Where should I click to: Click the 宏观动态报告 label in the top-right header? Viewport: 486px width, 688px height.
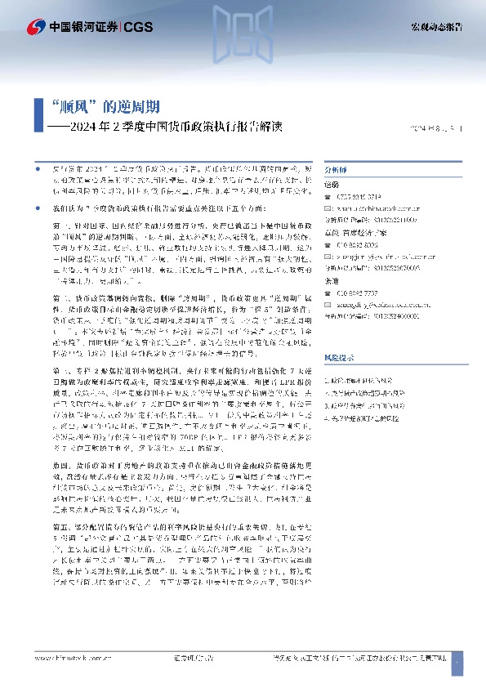pyautogui.click(x=436, y=28)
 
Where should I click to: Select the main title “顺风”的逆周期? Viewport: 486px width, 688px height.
pyautogui.click(x=105, y=107)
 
